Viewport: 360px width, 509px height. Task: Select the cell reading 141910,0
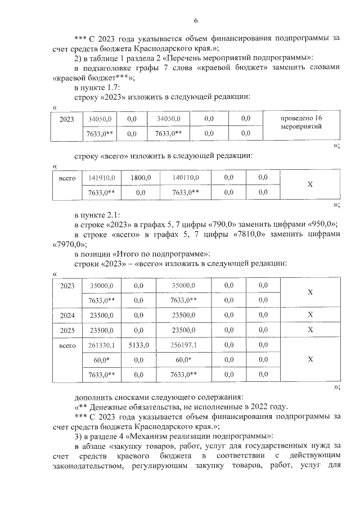coord(102,178)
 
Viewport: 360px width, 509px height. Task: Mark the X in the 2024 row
coord(310,315)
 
